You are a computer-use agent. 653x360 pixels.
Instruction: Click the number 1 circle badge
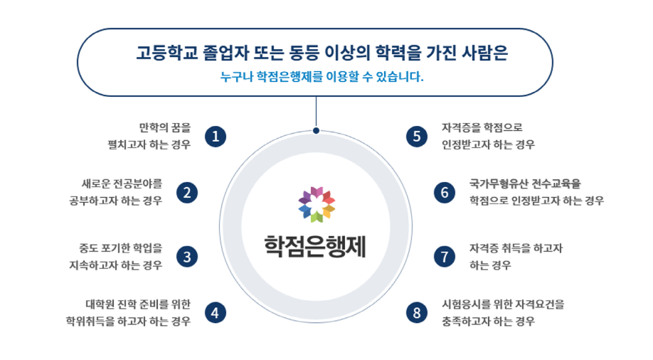216,137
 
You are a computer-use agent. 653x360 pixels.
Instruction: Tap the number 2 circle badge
187,193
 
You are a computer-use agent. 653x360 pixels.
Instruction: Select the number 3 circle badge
187,257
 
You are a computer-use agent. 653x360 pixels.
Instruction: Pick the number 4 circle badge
216,313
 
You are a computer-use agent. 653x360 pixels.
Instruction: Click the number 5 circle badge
417,137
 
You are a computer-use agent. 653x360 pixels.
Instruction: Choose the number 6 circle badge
445,193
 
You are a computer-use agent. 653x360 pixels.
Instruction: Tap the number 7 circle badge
445,257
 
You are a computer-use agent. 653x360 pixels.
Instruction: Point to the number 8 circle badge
417,313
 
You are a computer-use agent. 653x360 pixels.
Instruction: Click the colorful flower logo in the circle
317,205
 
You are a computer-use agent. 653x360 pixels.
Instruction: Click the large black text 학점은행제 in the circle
315,247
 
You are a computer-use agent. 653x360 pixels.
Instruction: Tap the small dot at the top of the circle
316,131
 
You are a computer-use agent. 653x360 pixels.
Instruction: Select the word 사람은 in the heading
484,53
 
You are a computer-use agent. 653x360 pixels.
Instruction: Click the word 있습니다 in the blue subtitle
399,77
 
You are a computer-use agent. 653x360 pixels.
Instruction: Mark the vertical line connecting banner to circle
316,112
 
